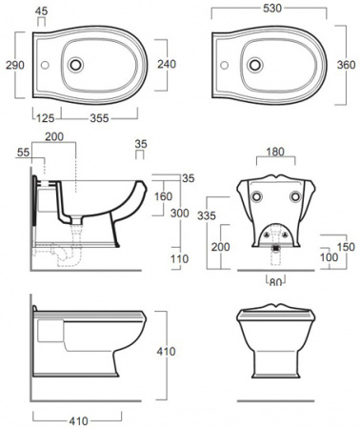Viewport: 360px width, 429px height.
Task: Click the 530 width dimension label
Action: coord(272,9)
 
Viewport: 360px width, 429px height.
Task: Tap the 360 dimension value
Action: coord(346,65)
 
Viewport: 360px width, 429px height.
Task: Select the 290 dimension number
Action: coord(15,65)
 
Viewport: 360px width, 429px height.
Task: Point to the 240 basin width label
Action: coord(167,64)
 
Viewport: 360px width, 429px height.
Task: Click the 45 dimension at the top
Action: coord(42,11)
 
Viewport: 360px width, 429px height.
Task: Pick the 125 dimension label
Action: coord(46,118)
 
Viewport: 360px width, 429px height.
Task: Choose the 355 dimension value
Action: coord(99,118)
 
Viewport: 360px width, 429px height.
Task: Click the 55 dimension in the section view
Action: coord(23,153)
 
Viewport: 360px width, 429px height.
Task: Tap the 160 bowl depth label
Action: coord(163,196)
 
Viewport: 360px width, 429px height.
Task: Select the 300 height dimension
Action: coord(180,213)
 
